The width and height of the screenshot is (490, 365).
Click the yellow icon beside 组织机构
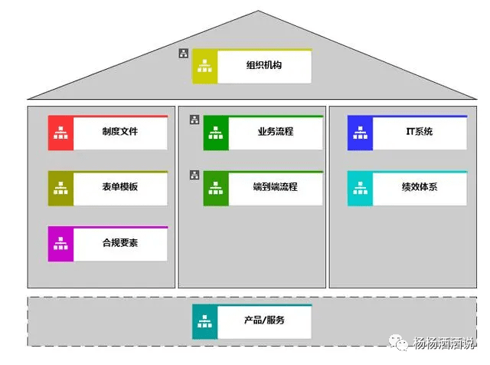click(x=204, y=66)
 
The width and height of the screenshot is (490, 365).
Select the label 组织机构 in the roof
click(x=263, y=65)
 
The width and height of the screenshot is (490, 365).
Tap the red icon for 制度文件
click(x=60, y=133)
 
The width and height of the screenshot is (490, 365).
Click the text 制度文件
click(x=119, y=132)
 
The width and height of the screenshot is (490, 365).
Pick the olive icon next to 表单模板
click(x=60, y=188)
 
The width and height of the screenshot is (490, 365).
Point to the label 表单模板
click(x=119, y=187)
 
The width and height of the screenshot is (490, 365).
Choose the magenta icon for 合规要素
click(x=60, y=244)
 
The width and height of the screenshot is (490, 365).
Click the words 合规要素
click(x=119, y=243)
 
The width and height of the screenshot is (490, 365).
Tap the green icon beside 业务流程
click(x=216, y=133)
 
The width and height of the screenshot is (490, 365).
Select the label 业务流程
click(x=276, y=132)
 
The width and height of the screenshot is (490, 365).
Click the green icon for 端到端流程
click(x=216, y=188)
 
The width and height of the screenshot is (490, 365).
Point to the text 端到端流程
click(x=276, y=187)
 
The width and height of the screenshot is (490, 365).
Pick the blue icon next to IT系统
click(x=360, y=133)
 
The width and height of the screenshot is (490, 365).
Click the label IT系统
click(x=419, y=132)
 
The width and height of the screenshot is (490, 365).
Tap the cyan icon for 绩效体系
click(x=360, y=188)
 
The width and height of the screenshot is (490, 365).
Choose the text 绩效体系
click(x=419, y=187)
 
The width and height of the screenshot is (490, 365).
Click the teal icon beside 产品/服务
click(x=204, y=321)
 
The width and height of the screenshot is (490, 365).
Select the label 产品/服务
click(x=264, y=321)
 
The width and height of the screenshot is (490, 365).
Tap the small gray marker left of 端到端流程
click(x=194, y=175)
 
